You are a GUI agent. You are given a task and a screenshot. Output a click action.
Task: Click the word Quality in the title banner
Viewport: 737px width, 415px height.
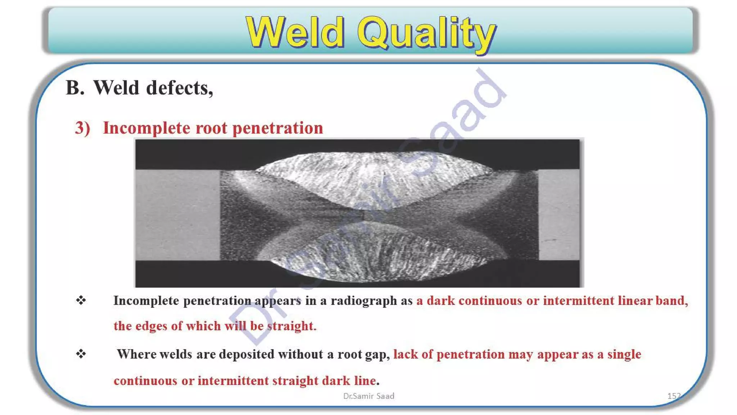click(x=426, y=33)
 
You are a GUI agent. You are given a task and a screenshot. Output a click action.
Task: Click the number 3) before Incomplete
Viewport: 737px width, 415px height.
click(x=82, y=128)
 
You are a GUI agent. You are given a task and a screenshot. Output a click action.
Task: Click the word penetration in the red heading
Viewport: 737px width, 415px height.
click(x=278, y=128)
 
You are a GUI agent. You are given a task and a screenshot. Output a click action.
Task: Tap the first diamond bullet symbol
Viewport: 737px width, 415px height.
click(x=81, y=300)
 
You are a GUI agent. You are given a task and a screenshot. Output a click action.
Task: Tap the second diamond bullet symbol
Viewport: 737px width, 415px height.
click(x=81, y=354)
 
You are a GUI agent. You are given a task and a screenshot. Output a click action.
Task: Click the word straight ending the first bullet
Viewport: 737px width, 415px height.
click(x=291, y=326)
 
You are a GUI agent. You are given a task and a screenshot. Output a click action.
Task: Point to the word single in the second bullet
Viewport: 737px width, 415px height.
click(x=624, y=354)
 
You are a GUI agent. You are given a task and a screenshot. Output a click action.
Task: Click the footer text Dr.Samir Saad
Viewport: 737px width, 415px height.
click(x=368, y=396)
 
